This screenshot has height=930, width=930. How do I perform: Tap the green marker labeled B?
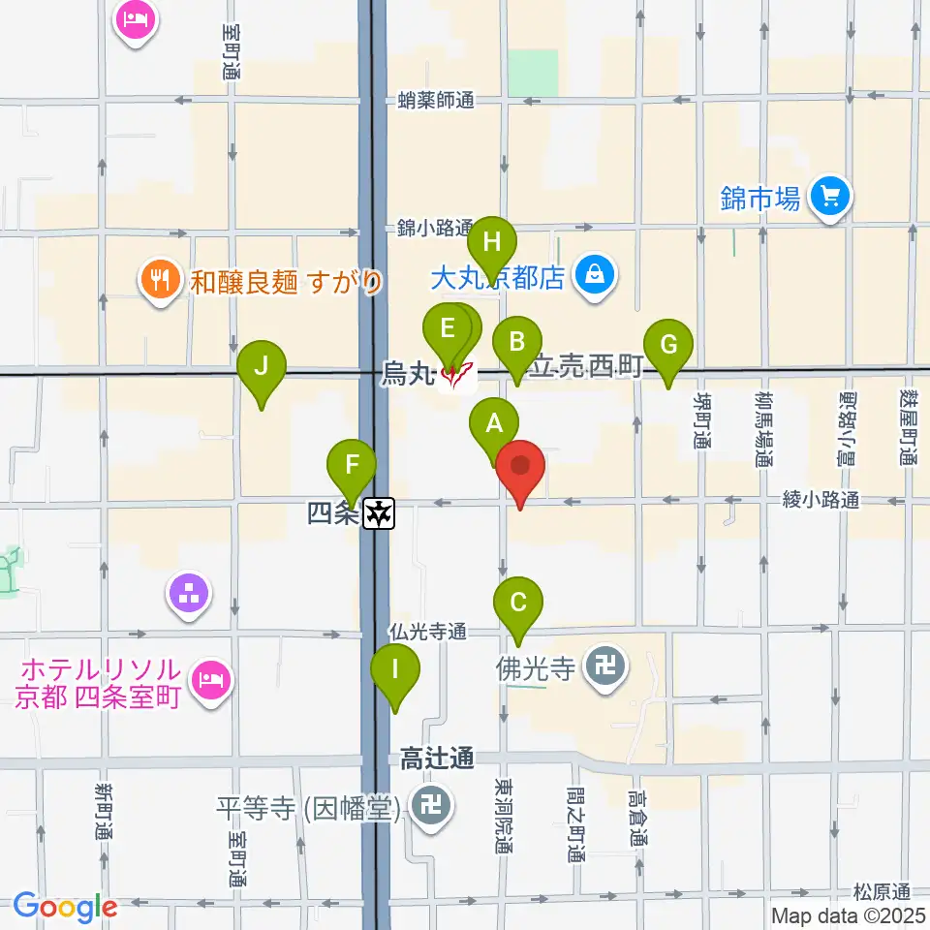[516, 341]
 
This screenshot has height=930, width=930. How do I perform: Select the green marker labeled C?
[518, 602]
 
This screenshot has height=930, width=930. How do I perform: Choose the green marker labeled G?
[668, 344]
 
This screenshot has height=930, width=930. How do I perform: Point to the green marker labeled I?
[395, 668]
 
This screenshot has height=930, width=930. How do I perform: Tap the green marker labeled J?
[261, 366]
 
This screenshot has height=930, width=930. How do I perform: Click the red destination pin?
[521, 465]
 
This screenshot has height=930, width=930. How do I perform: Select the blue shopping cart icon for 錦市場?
[829, 199]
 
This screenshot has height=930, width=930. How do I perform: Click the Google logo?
[65, 907]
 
